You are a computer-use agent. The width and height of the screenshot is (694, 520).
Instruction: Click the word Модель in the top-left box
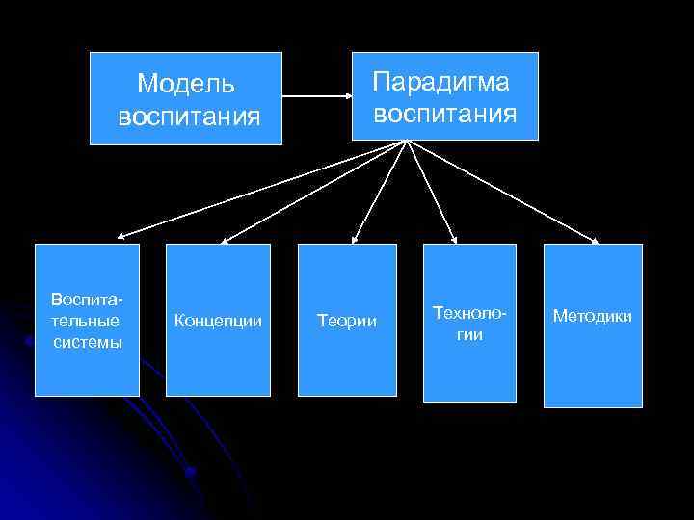[x=186, y=84]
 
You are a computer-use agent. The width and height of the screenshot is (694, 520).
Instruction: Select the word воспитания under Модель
[x=188, y=117]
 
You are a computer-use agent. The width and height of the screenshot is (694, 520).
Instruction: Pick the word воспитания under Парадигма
[x=444, y=114]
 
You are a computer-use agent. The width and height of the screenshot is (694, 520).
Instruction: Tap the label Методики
[x=593, y=316]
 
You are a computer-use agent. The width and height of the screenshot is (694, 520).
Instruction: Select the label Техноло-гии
[x=470, y=324]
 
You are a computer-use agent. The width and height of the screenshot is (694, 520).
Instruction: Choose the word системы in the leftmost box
[x=87, y=342]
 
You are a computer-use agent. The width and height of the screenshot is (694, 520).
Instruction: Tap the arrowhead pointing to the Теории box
[x=353, y=240]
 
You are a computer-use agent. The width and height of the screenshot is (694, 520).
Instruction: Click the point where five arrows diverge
[x=408, y=143]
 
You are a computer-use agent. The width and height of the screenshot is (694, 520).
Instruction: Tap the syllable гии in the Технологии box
[x=470, y=334]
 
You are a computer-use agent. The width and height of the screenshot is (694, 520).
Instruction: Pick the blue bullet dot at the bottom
[x=190, y=472]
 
